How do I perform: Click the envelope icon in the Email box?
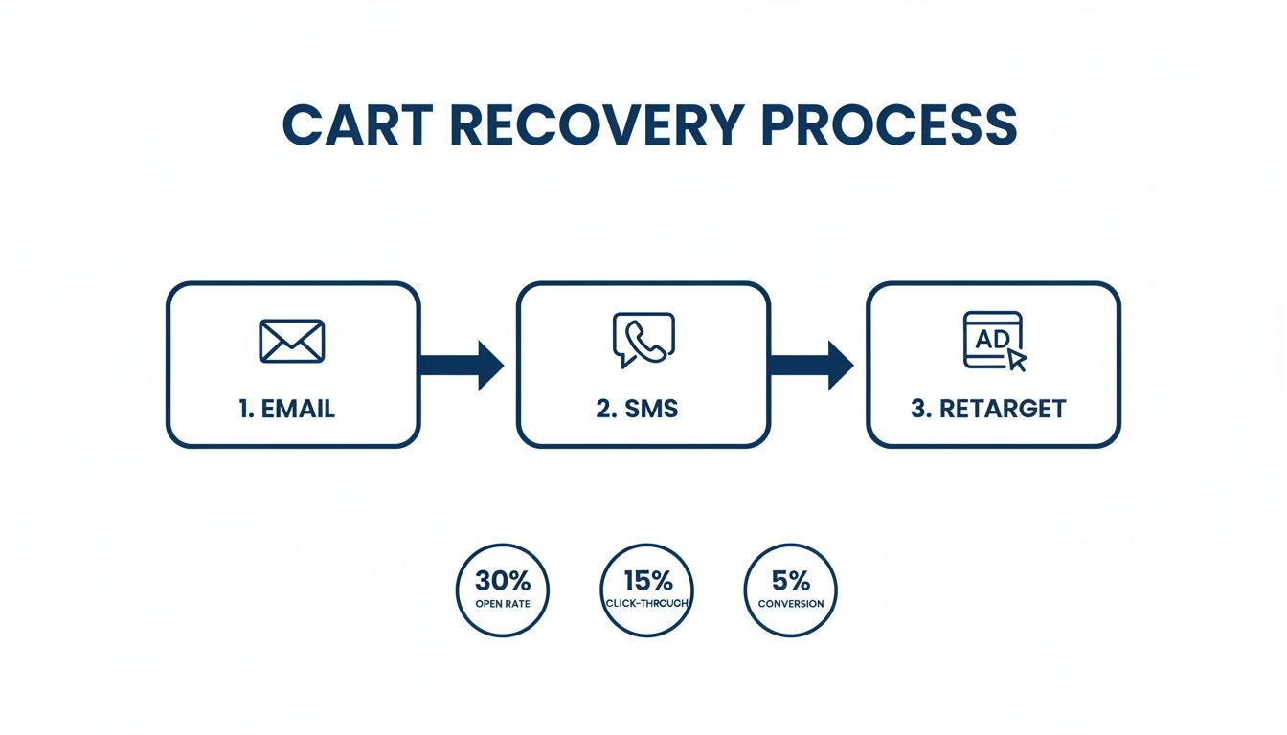[292, 341]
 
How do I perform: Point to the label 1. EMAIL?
[287, 409]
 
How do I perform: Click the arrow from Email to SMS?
[462, 365]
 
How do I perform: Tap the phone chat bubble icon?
[643, 340]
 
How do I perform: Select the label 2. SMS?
[637, 409]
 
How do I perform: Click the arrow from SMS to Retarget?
[811, 365]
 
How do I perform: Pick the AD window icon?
[991, 340]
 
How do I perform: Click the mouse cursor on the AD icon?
[1016, 360]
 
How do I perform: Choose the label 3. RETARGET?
[988, 409]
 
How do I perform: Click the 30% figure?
[502, 581]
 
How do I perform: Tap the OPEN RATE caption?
[502, 604]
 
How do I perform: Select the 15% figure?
[646, 581]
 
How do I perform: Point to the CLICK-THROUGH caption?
[646, 604]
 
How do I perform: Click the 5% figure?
[790, 581]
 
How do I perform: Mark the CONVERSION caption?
[790, 604]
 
